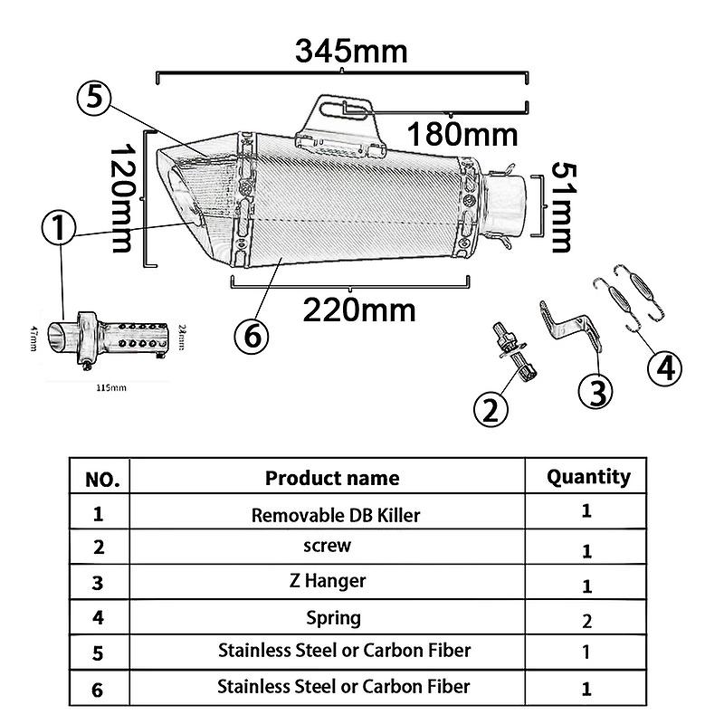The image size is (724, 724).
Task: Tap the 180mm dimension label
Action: tap(462, 134)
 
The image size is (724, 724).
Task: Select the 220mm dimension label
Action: tap(359, 310)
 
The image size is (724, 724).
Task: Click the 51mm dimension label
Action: tap(560, 207)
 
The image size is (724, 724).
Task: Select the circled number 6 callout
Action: tap(252, 336)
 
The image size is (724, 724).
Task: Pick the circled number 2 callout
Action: tap(491, 410)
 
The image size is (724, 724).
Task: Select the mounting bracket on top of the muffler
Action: tap(339, 122)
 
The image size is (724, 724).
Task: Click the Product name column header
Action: tap(331, 478)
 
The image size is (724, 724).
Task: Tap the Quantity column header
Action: tap(588, 476)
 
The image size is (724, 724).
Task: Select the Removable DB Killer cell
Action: tap(335, 515)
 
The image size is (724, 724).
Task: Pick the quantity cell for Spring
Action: tap(586, 621)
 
